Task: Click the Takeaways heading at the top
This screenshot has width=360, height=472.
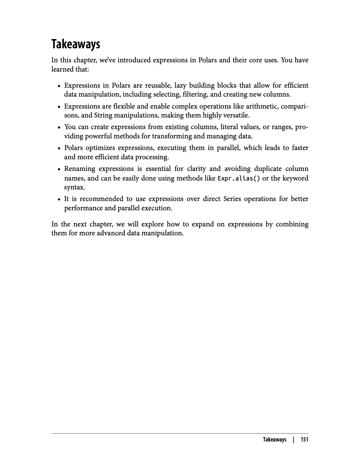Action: (x=76, y=44)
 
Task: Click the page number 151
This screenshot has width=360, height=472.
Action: (x=304, y=439)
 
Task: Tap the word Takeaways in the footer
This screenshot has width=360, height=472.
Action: (x=274, y=439)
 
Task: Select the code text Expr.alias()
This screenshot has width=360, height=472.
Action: (x=239, y=178)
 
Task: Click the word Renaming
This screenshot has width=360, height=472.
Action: (x=80, y=169)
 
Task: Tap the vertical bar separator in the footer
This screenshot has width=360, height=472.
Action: (x=293, y=439)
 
